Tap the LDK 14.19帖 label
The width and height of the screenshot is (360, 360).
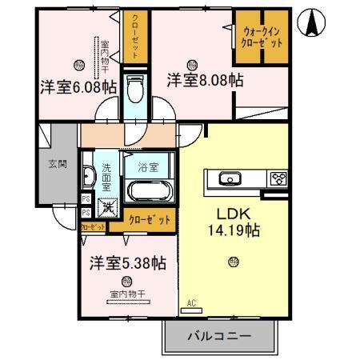232,222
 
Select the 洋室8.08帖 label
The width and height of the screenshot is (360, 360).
205,81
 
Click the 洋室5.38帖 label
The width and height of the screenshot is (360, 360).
127,262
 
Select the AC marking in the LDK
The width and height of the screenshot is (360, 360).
191,302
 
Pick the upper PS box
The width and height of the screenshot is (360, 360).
85,199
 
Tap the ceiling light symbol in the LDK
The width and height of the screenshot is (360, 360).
233,261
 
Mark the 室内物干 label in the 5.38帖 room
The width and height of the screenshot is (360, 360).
127,294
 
